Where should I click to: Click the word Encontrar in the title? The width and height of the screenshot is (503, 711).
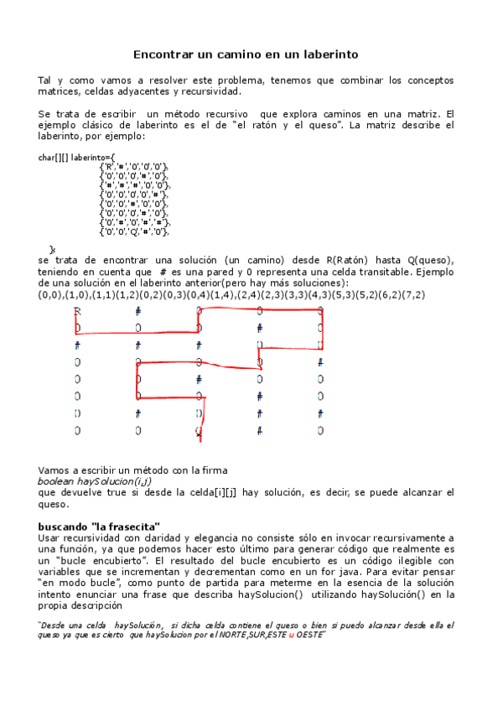click(162, 54)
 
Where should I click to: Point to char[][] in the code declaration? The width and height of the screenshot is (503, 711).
click(54, 157)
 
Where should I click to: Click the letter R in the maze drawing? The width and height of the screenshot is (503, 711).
click(77, 311)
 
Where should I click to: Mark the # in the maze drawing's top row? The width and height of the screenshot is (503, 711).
click(138, 311)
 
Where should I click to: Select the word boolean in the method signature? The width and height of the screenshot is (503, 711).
click(57, 481)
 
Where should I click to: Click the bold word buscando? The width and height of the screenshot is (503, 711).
click(64, 527)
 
